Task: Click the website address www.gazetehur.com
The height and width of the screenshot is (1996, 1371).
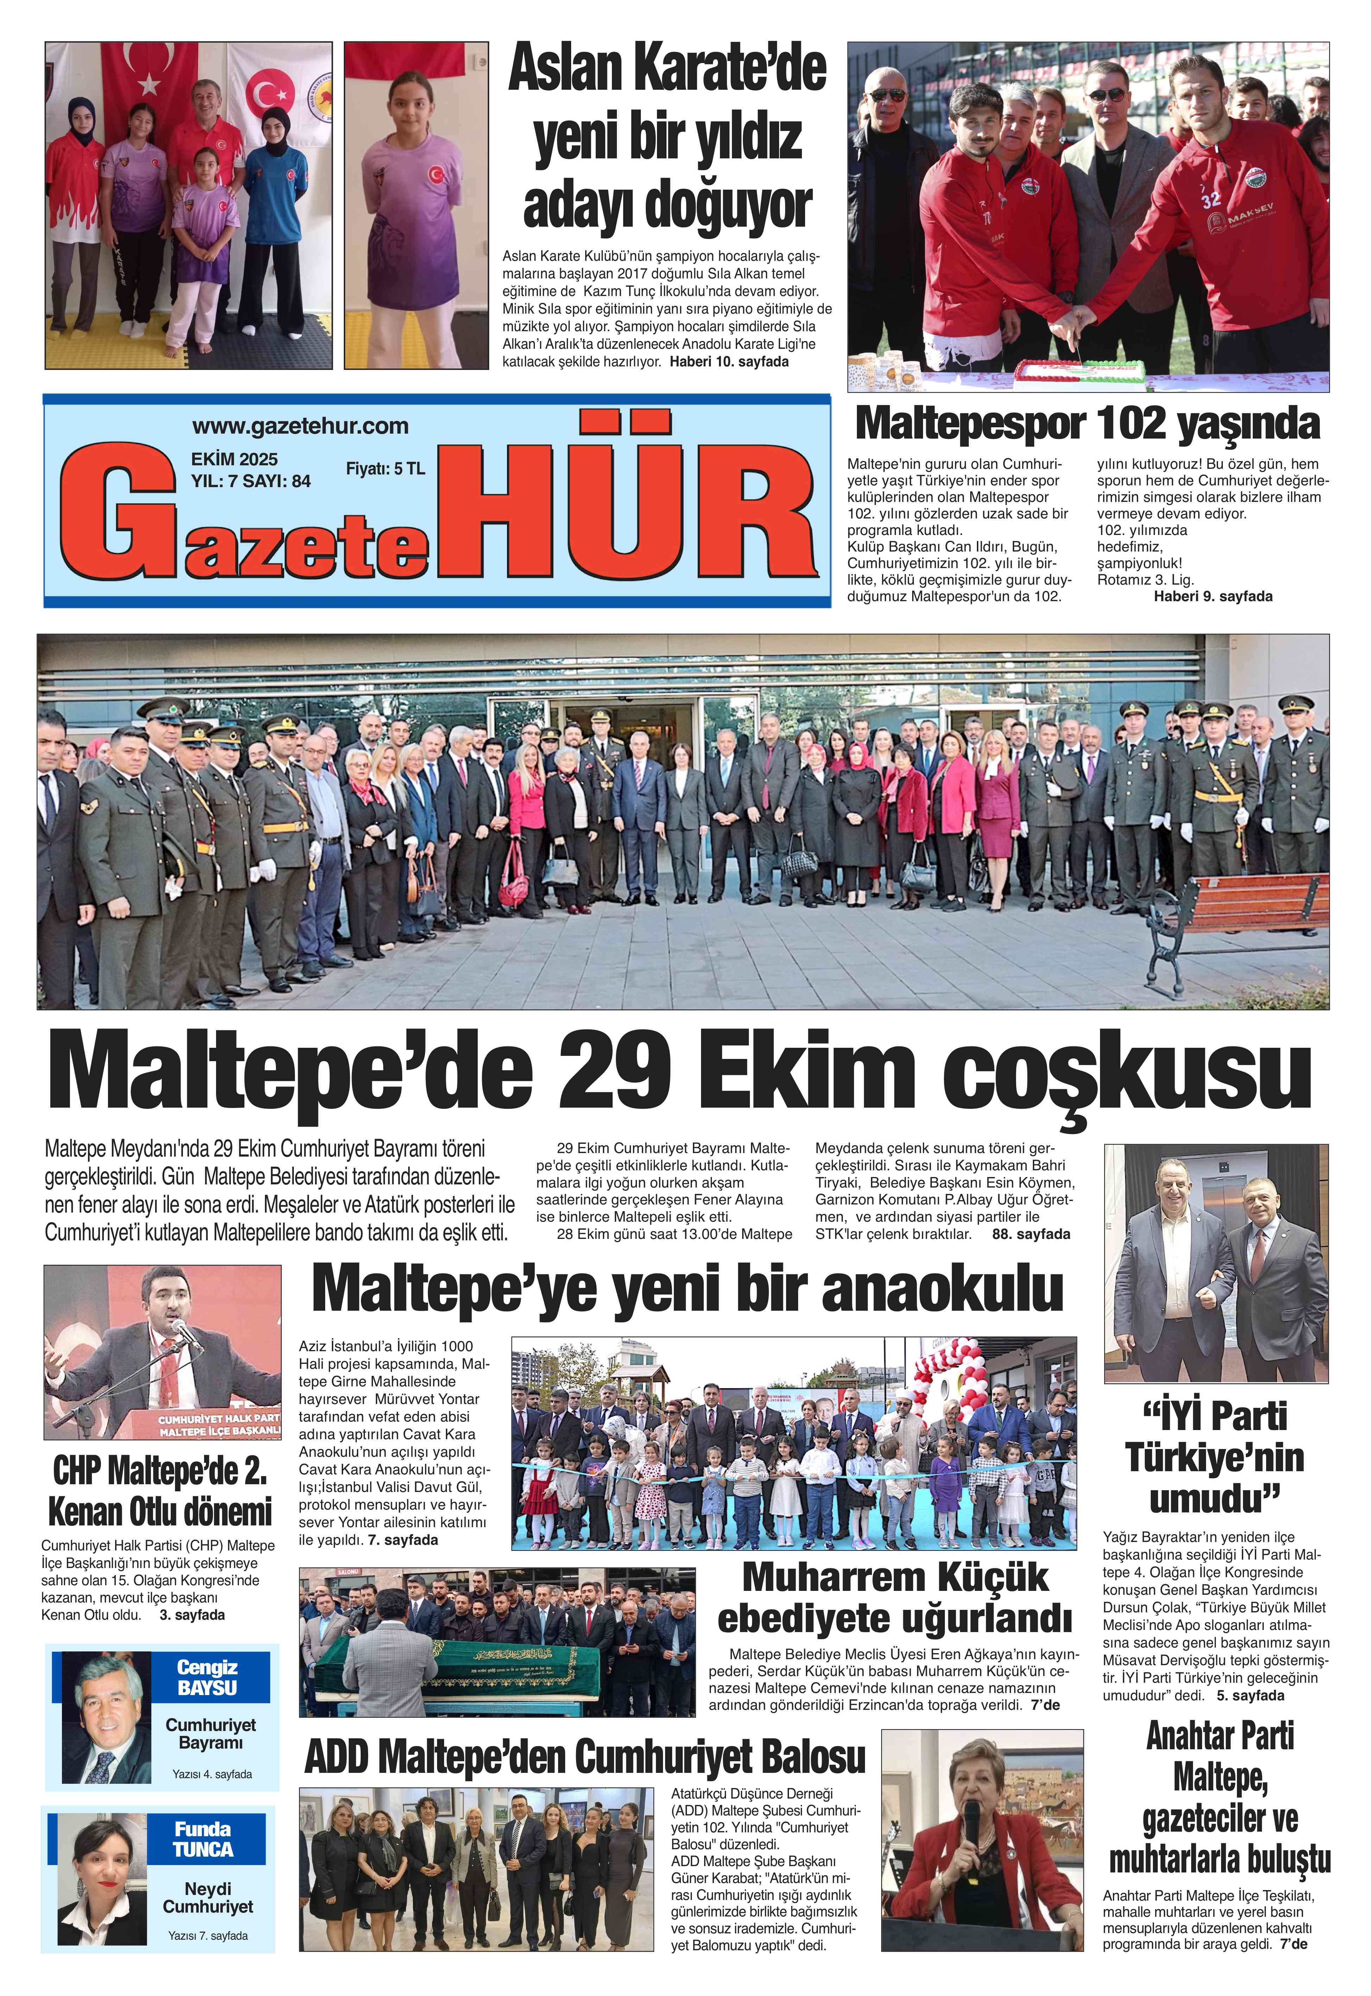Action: click(x=300, y=426)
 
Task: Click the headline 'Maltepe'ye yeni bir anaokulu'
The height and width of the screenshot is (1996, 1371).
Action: click(x=687, y=1289)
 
